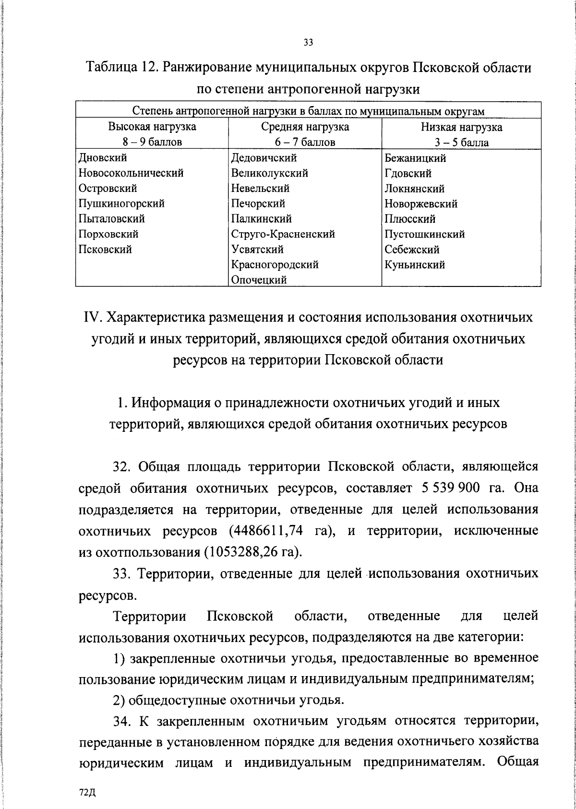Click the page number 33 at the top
[x=308, y=43]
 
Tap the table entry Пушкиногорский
[x=121, y=203]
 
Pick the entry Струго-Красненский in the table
[x=283, y=234]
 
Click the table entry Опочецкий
[x=259, y=280]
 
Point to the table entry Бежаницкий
[x=415, y=158]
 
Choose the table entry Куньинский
[x=415, y=264]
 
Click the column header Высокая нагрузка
[x=152, y=127]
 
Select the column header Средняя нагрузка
[x=305, y=127]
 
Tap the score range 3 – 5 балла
[x=461, y=143]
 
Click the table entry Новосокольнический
[x=131, y=173]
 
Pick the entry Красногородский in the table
[x=275, y=264]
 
